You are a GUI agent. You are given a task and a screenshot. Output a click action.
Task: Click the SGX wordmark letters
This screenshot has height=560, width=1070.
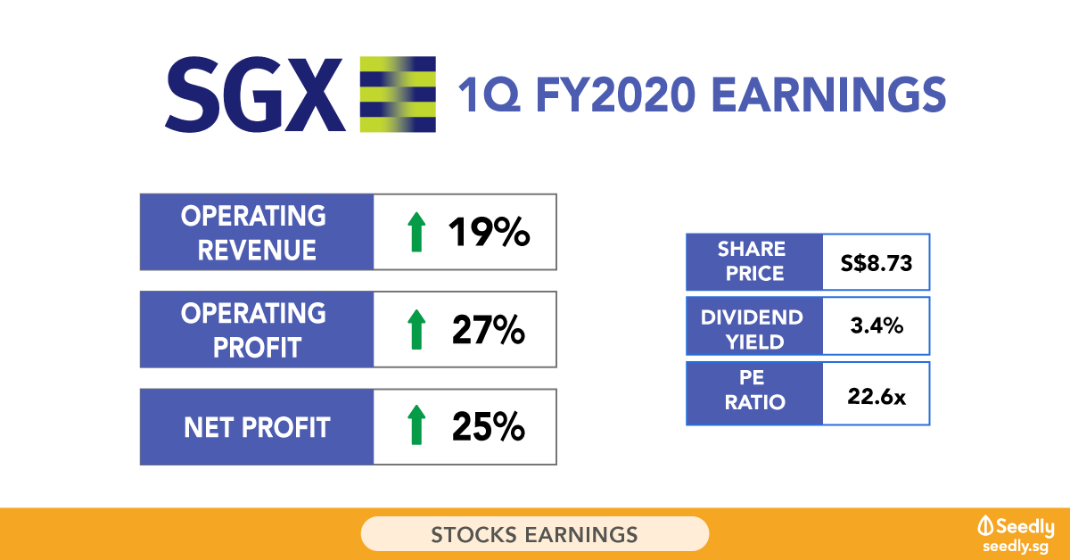(255, 95)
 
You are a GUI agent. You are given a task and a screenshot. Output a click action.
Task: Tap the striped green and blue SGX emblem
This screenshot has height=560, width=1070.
(398, 95)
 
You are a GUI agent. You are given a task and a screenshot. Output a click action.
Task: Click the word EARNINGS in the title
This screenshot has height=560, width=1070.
(828, 95)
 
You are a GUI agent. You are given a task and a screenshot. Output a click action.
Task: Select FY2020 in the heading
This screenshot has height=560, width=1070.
(616, 95)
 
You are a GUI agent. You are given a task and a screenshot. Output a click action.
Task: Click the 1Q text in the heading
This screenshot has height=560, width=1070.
(489, 95)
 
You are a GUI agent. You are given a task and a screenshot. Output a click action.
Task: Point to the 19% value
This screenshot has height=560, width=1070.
(489, 232)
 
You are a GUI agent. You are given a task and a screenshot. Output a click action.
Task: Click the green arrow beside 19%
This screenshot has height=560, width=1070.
(416, 232)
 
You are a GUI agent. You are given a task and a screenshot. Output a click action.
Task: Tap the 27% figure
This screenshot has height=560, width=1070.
(489, 330)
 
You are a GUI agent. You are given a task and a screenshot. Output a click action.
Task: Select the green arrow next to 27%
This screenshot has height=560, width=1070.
(416, 329)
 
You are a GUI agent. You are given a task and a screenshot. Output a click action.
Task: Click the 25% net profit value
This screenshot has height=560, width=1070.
(489, 427)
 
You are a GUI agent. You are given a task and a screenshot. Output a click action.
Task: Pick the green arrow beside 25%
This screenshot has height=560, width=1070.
(416, 424)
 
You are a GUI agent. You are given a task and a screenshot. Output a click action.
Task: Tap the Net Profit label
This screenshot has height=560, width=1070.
(257, 427)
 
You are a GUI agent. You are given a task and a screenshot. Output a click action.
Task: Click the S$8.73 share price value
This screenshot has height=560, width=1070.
(877, 263)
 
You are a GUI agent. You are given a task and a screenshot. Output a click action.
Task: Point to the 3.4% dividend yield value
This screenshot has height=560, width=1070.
(877, 325)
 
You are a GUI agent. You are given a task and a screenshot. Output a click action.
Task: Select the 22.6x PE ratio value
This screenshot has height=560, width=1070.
(877, 397)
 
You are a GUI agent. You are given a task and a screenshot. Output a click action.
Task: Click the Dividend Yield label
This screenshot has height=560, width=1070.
(753, 330)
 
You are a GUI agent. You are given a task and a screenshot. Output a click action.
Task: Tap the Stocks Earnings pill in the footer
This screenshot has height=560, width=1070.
(534, 534)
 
